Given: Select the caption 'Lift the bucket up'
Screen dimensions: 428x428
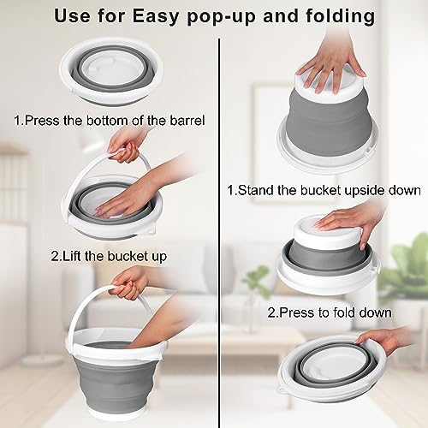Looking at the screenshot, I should (x=110, y=255).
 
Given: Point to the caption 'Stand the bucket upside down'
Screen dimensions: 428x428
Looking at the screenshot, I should (x=324, y=189).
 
